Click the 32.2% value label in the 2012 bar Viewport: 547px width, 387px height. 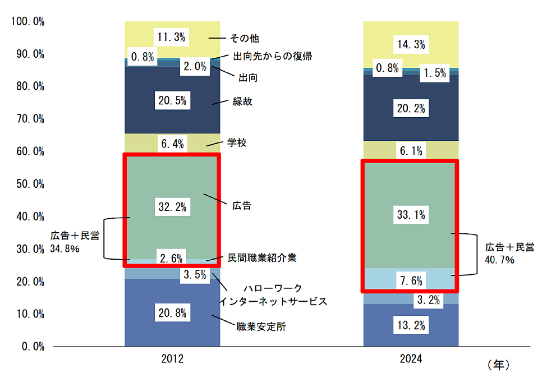(172, 207)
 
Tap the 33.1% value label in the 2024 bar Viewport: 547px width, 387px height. (411, 214)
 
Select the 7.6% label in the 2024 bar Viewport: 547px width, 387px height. (411, 280)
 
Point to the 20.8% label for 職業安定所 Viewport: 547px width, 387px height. (172, 313)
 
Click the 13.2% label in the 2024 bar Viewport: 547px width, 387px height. (411, 325)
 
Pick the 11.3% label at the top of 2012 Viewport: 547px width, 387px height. (172, 38)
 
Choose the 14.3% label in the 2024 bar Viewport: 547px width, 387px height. (411, 43)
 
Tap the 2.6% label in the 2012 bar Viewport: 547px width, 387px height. (172, 259)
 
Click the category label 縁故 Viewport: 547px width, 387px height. (242, 102)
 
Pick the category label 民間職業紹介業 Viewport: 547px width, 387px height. (262, 258)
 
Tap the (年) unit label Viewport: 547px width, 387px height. (498, 365)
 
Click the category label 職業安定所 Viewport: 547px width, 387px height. (260, 326)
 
